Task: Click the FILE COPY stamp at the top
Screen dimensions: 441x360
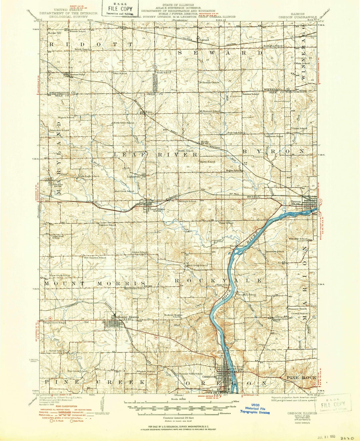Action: tap(120, 9)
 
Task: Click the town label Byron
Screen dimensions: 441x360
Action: tap(296, 202)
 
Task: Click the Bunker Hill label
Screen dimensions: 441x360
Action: tap(54, 33)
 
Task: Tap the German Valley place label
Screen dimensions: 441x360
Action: tap(77, 74)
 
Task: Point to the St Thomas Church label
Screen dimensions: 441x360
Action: tap(209, 82)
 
